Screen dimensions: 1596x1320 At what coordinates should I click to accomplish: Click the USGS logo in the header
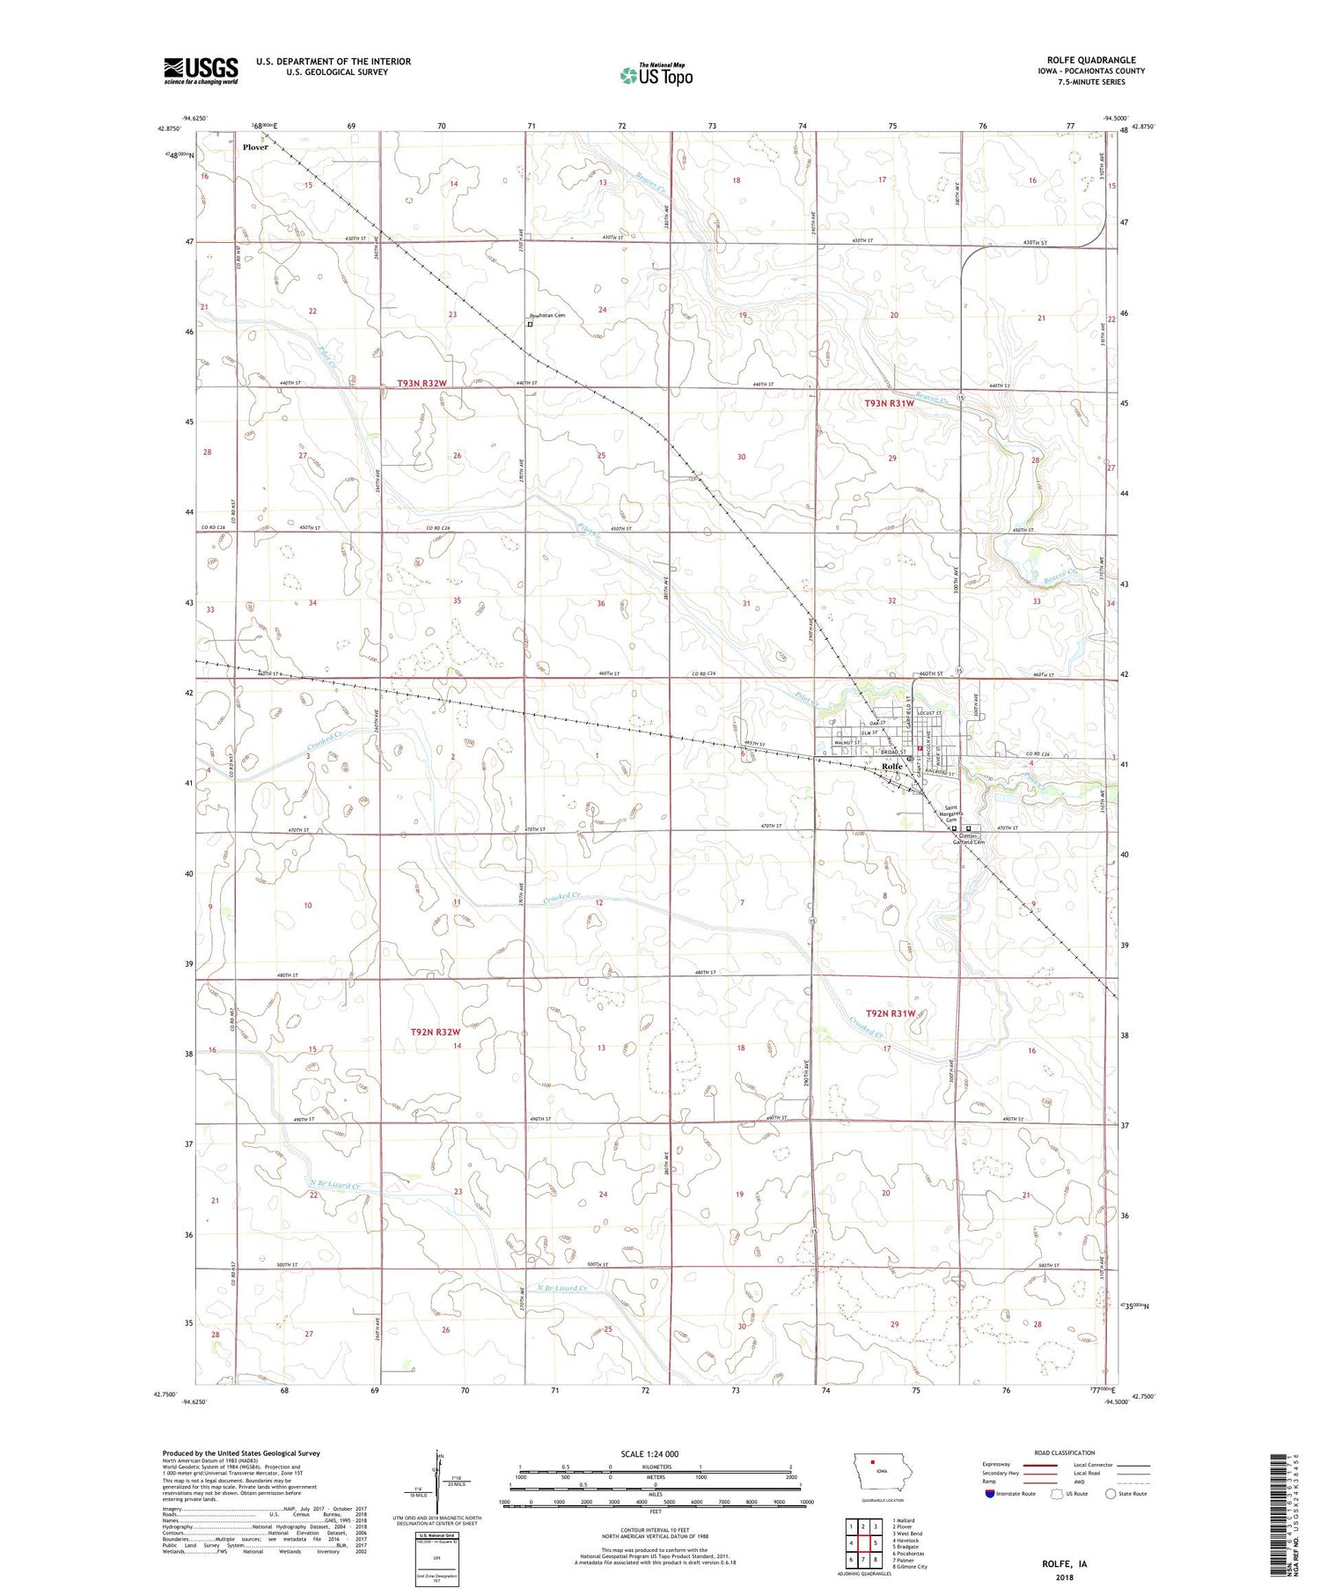point(201,70)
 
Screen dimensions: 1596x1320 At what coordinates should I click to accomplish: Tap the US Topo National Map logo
point(656,75)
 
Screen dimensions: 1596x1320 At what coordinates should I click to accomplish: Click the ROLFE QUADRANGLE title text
point(1090,61)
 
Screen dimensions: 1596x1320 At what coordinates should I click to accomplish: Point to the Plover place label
point(255,148)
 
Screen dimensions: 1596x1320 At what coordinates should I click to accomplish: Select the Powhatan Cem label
point(546,315)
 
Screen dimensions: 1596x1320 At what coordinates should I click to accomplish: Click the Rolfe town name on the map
point(892,767)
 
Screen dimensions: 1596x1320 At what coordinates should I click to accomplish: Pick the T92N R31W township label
point(890,1013)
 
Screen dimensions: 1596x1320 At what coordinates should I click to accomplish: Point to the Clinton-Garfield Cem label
point(968,839)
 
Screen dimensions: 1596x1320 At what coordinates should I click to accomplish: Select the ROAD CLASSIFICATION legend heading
point(1065,1453)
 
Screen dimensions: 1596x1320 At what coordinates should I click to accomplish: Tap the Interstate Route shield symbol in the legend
point(990,1493)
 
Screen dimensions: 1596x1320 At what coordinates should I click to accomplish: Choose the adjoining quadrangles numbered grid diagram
point(863,1542)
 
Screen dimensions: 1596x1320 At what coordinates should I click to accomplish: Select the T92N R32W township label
point(436,1032)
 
